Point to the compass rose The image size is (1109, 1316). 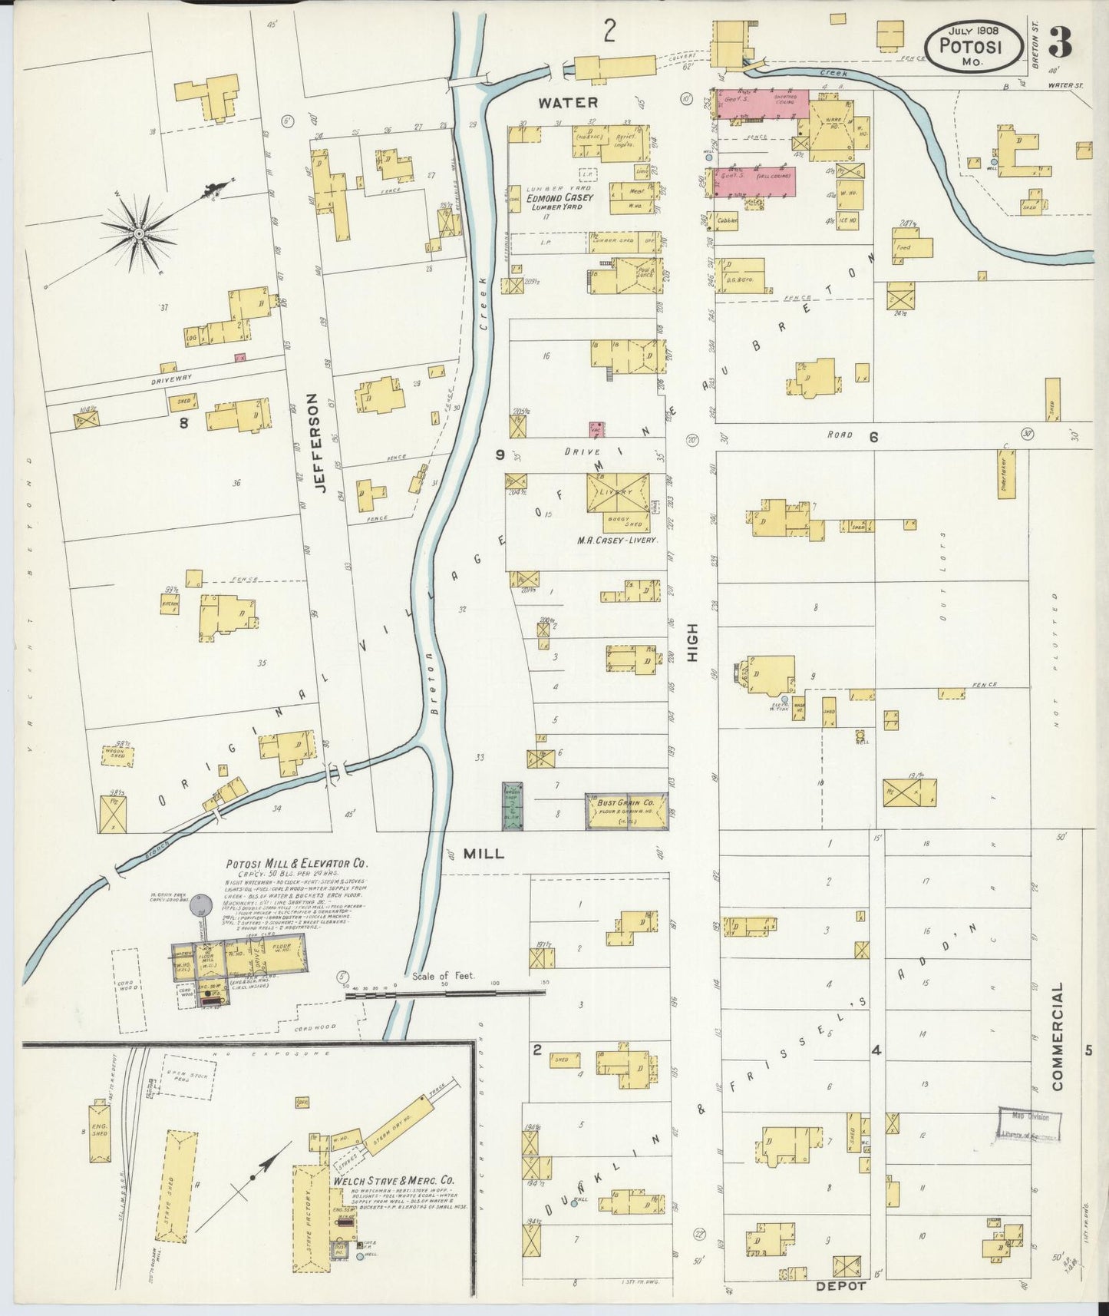pos(140,232)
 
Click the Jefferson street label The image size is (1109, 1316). pos(319,443)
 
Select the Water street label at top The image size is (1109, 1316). pos(566,101)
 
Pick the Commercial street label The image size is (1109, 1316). pos(1058,1036)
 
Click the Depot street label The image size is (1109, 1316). pos(840,1285)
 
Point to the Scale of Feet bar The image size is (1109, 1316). pos(445,993)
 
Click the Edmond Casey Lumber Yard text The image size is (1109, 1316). pos(559,202)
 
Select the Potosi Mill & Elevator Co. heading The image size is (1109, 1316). pos(296,863)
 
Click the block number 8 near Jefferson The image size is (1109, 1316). pos(183,422)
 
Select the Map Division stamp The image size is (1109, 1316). pos(1028,1124)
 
